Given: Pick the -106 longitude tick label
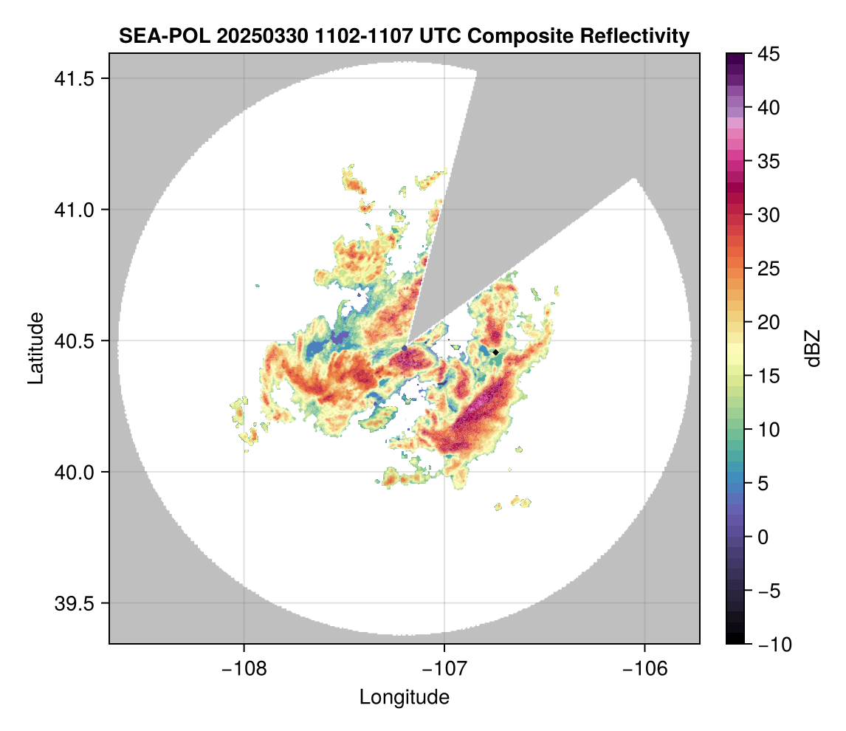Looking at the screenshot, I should tap(645, 669).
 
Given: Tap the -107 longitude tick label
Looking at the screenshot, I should tap(444, 669).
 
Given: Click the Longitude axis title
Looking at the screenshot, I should tap(404, 697).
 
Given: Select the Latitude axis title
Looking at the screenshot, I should tap(35, 348).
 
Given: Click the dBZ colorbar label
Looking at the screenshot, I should tap(813, 348).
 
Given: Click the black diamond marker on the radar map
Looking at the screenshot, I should tap(496, 352).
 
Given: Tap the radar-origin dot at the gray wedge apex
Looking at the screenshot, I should tap(405, 348).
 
